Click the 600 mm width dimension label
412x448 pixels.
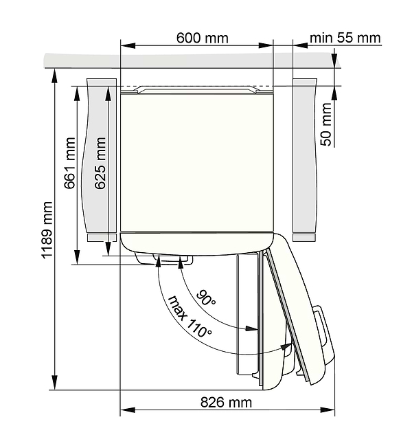tap(202, 38)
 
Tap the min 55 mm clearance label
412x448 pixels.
tap(345, 38)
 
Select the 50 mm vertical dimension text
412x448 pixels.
tap(326, 124)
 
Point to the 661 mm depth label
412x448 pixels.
tap(69, 163)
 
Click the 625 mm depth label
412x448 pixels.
tap(100, 163)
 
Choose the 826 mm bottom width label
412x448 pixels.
tap(226, 403)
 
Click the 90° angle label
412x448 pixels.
tap(206, 298)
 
